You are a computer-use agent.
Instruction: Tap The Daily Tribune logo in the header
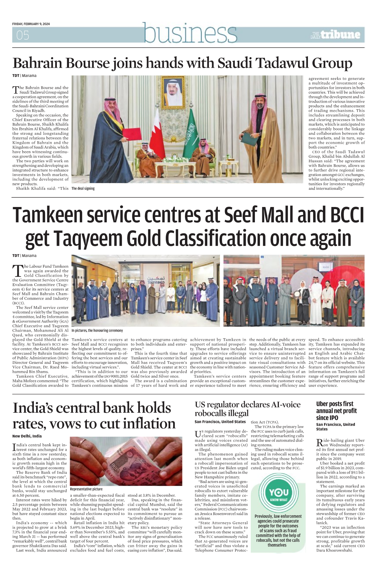click(335, 35)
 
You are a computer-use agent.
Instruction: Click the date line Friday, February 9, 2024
click(31, 24)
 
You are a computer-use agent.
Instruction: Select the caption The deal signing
click(83, 188)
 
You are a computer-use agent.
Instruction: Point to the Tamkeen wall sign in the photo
click(156, 280)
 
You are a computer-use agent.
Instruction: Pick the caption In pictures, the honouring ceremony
click(97, 331)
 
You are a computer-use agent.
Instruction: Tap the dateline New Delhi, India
click(27, 436)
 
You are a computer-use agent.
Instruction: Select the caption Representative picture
click(86, 489)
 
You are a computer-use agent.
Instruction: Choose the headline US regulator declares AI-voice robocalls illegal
click(248, 409)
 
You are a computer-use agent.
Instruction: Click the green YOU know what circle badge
click(279, 494)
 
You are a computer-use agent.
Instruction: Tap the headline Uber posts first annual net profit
click(336, 411)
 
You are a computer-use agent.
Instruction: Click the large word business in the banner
click(190, 33)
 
